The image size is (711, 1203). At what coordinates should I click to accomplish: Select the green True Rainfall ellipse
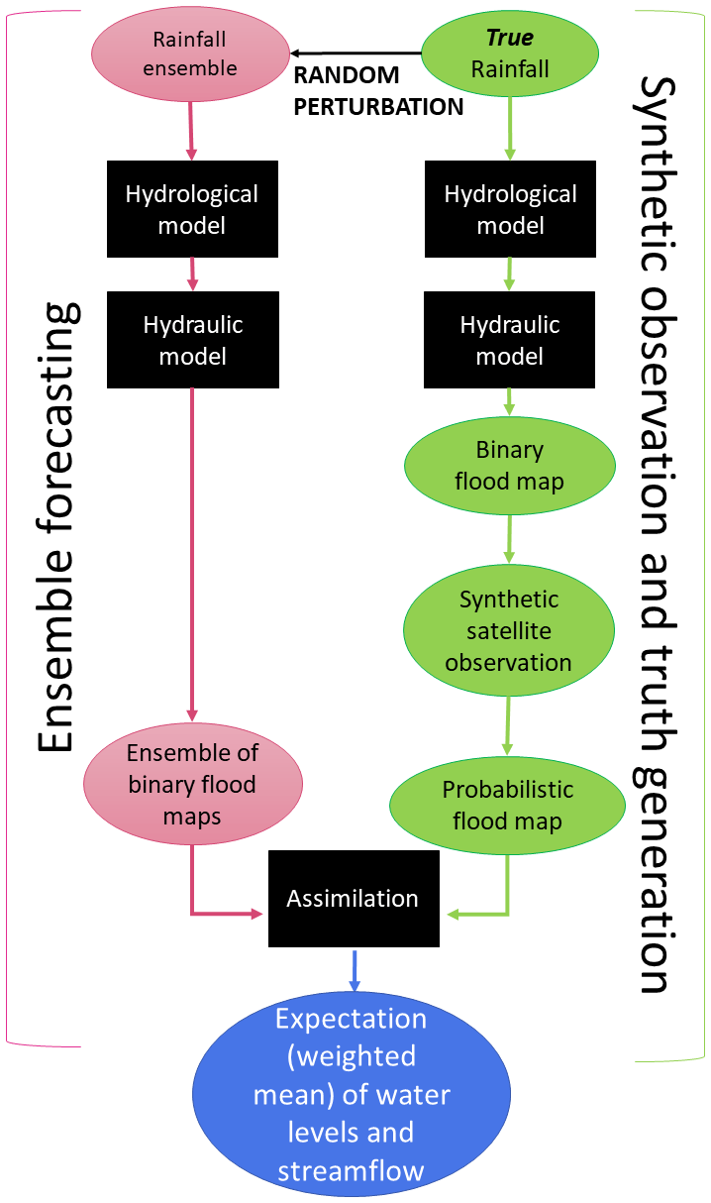[510, 55]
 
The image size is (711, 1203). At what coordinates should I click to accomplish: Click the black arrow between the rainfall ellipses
[356, 53]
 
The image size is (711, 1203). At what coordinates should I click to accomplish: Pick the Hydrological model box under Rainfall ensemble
[191, 209]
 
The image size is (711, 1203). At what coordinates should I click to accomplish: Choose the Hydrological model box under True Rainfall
[510, 209]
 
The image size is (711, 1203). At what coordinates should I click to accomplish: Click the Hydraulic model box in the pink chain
[192, 340]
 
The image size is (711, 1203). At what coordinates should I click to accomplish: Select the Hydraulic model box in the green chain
[510, 340]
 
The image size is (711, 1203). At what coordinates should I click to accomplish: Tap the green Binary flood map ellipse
[509, 466]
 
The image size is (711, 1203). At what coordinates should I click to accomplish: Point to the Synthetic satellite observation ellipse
[508, 630]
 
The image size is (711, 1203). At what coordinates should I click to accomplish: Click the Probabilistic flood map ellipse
[507, 806]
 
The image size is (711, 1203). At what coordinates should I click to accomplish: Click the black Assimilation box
[354, 899]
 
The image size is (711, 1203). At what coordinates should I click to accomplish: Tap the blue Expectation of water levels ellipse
[352, 1095]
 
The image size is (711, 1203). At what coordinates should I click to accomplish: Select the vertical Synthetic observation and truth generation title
[659, 535]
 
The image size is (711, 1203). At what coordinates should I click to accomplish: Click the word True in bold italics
[510, 38]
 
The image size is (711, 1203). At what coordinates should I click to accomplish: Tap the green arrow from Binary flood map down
[509, 539]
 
